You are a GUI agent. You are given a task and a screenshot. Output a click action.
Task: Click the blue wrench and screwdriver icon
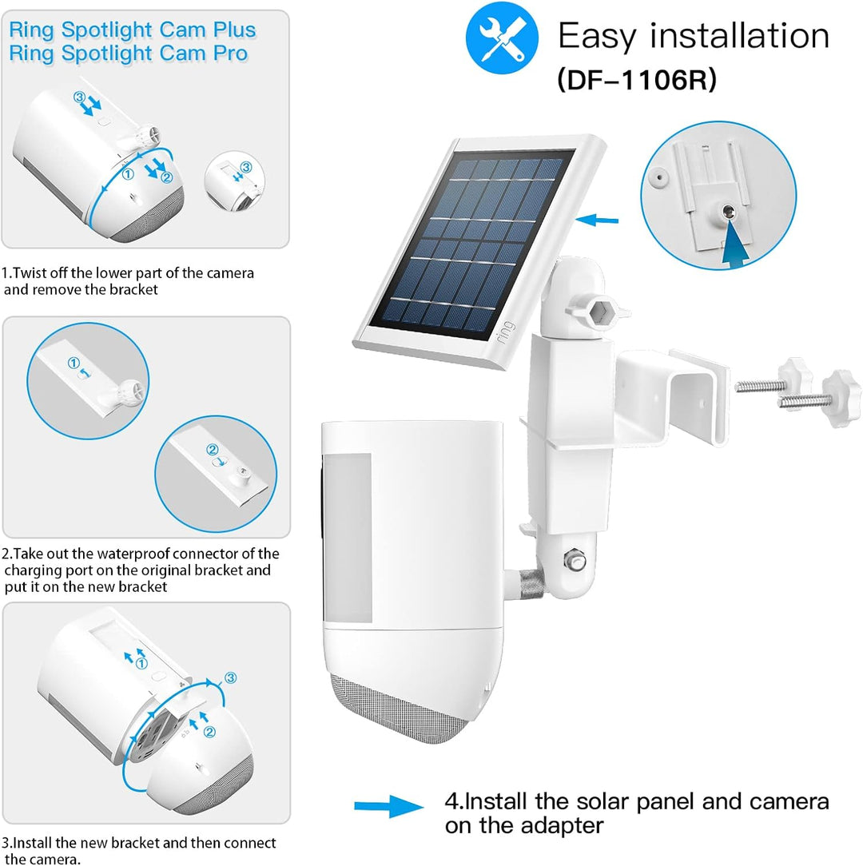coord(501,38)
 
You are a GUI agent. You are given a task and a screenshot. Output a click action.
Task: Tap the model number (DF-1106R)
coord(636,80)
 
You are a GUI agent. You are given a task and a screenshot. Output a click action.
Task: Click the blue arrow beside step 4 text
coord(388,807)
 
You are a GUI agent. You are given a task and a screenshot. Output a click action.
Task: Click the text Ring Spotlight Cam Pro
coord(128,54)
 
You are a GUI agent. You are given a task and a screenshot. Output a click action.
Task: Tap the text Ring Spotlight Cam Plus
coord(133,30)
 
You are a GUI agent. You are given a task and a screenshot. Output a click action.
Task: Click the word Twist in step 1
coord(33,272)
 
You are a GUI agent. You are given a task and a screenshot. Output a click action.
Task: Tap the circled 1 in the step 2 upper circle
coord(74,362)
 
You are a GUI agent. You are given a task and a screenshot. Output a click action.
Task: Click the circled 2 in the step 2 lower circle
coord(212,450)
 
